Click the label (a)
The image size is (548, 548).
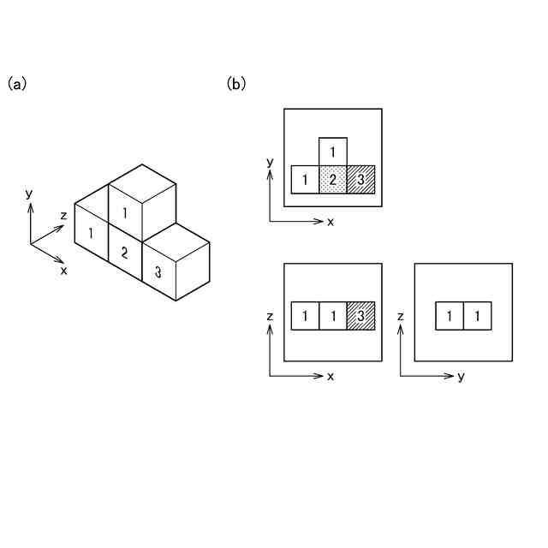tap(17, 84)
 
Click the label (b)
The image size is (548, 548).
tap(236, 84)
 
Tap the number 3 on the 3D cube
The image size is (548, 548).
tap(158, 273)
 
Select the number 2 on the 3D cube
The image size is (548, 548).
tap(124, 253)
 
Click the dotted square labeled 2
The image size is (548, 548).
tap(333, 180)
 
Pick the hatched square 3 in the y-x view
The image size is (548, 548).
tap(361, 180)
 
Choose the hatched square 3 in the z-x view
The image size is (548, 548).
tap(361, 315)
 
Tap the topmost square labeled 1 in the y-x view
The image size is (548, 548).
tap(333, 152)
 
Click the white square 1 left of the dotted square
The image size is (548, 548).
tap(305, 180)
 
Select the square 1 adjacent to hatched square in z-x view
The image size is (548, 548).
tap(333, 315)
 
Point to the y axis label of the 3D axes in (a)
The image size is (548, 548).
tap(29, 194)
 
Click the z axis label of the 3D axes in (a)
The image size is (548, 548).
tap(63, 216)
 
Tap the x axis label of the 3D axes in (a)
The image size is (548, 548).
tap(63, 270)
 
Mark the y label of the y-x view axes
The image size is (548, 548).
tap(270, 161)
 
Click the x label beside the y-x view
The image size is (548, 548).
tap(331, 222)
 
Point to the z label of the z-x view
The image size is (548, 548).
tap(270, 317)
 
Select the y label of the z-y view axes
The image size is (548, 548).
tap(461, 377)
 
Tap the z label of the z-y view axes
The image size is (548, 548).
tap(400, 317)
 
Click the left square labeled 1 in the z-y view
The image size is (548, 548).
tap(450, 315)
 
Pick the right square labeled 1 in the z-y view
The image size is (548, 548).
tap(478, 315)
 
